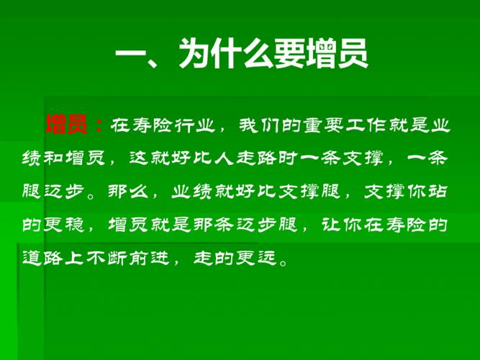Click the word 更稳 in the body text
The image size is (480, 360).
[x=67, y=225]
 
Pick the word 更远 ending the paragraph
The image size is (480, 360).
[x=267, y=258]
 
